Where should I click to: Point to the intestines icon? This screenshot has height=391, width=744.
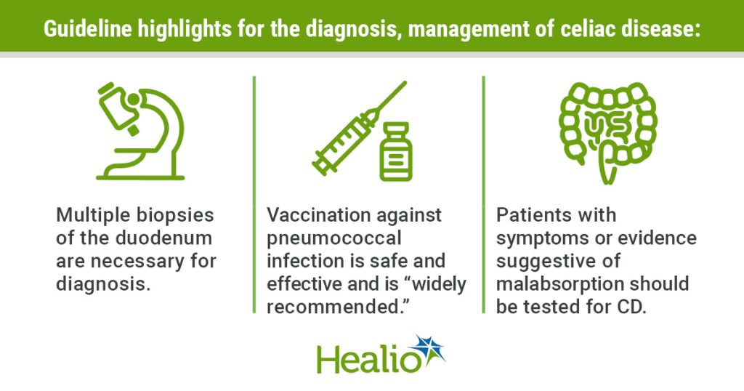tap(607, 131)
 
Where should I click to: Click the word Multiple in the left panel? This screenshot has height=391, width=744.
tap(87, 216)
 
